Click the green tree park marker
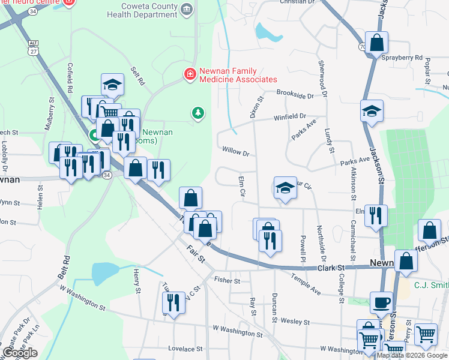point(197,113)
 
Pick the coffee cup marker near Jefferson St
point(381,302)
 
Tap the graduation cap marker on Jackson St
point(372,111)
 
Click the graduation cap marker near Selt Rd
point(112,86)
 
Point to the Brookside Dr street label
point(295,95)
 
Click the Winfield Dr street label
point(291,117)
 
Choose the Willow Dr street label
point(235,152)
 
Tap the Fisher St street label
point(227,280)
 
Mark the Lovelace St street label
point(181,349)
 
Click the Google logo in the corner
point(20,353)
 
